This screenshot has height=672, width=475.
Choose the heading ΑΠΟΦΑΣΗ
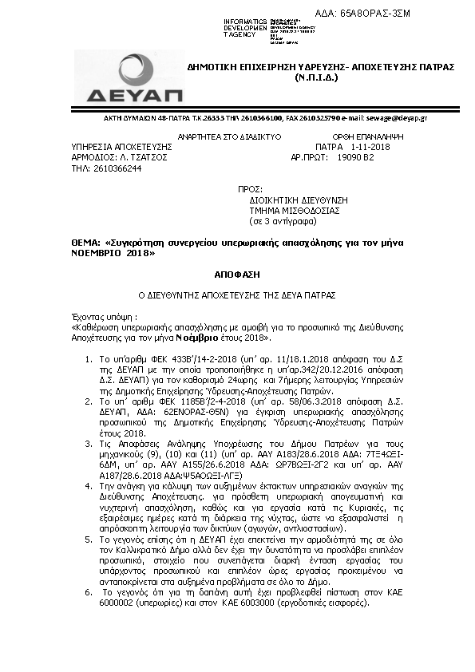tap(237, 274)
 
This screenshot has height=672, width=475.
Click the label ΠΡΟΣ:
tap(250, 190)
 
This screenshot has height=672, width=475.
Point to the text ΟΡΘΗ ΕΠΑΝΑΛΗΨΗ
tap(368, 137)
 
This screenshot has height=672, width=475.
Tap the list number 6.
tap(87, 593)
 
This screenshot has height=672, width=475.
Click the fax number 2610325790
tap(299, 117)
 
